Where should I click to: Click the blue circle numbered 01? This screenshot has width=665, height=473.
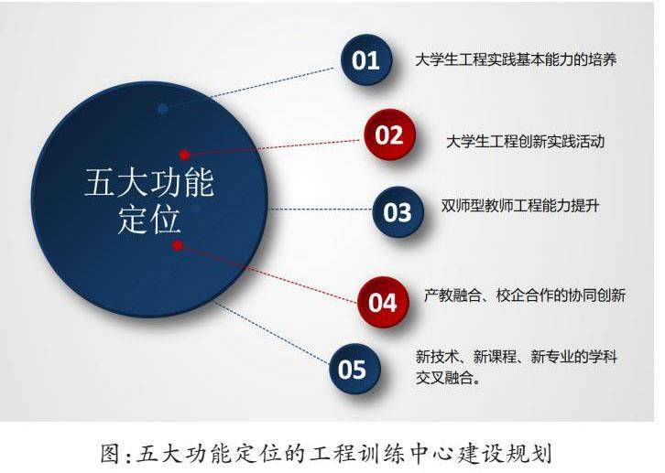(x=366, y=59)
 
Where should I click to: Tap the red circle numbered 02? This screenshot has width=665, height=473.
(x=389, y=134)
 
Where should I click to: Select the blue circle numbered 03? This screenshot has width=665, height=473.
(x=398, y=211)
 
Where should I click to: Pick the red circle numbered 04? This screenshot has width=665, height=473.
(x=383, y=302)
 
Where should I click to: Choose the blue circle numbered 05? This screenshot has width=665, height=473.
(x=354, y=369)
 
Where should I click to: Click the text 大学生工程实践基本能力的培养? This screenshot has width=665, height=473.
(x=516, y=59)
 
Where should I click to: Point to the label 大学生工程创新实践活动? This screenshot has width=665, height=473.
(x=526, y=141)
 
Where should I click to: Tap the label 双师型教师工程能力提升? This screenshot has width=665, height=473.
(x=520, y=206)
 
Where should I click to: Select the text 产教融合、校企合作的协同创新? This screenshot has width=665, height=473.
(x=525, y=296)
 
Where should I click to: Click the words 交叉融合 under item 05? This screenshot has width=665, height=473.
(x=444, y=377)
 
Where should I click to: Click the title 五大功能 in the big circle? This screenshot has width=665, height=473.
(x=149, y=183)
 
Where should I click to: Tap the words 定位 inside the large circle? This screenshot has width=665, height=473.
(x=149, y=220)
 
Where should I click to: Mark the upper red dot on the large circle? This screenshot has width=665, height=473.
(x=184, y=155)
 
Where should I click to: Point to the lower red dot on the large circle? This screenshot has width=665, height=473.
(x=178, y=245)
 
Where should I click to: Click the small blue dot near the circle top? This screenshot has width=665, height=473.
(x=162, y=109)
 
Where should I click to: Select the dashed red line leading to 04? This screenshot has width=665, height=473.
(x=267, y=274)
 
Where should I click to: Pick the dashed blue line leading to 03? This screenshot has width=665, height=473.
(x=321, y=210)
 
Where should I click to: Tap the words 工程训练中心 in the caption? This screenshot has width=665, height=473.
(x=377, y=453)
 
